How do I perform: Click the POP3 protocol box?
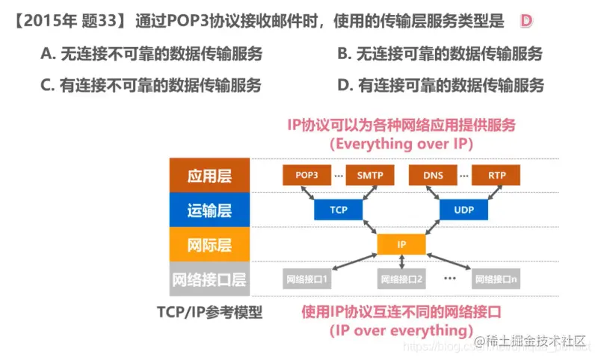pos(307,176)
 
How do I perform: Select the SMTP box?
pos(369,176)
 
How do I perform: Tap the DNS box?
pos(433,176)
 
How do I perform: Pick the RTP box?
pos(496,176)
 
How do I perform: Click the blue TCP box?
pos(339,210)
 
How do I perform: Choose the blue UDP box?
pos(463,210)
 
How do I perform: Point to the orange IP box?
pos(401,244)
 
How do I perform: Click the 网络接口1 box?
pos(307,279)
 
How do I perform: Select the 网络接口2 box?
pos(401,279)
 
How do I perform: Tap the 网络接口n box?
pos(496,279)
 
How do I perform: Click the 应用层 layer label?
pos(209,176)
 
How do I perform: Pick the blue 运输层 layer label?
pos(209,210)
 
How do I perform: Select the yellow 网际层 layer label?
pos(209,244)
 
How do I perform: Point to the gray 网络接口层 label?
pos(209,279)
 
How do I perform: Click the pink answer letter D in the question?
pos(525,22)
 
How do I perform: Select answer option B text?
pos(440,54)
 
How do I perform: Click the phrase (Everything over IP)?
pos(401,143)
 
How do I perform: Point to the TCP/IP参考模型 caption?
pos(209,311)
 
